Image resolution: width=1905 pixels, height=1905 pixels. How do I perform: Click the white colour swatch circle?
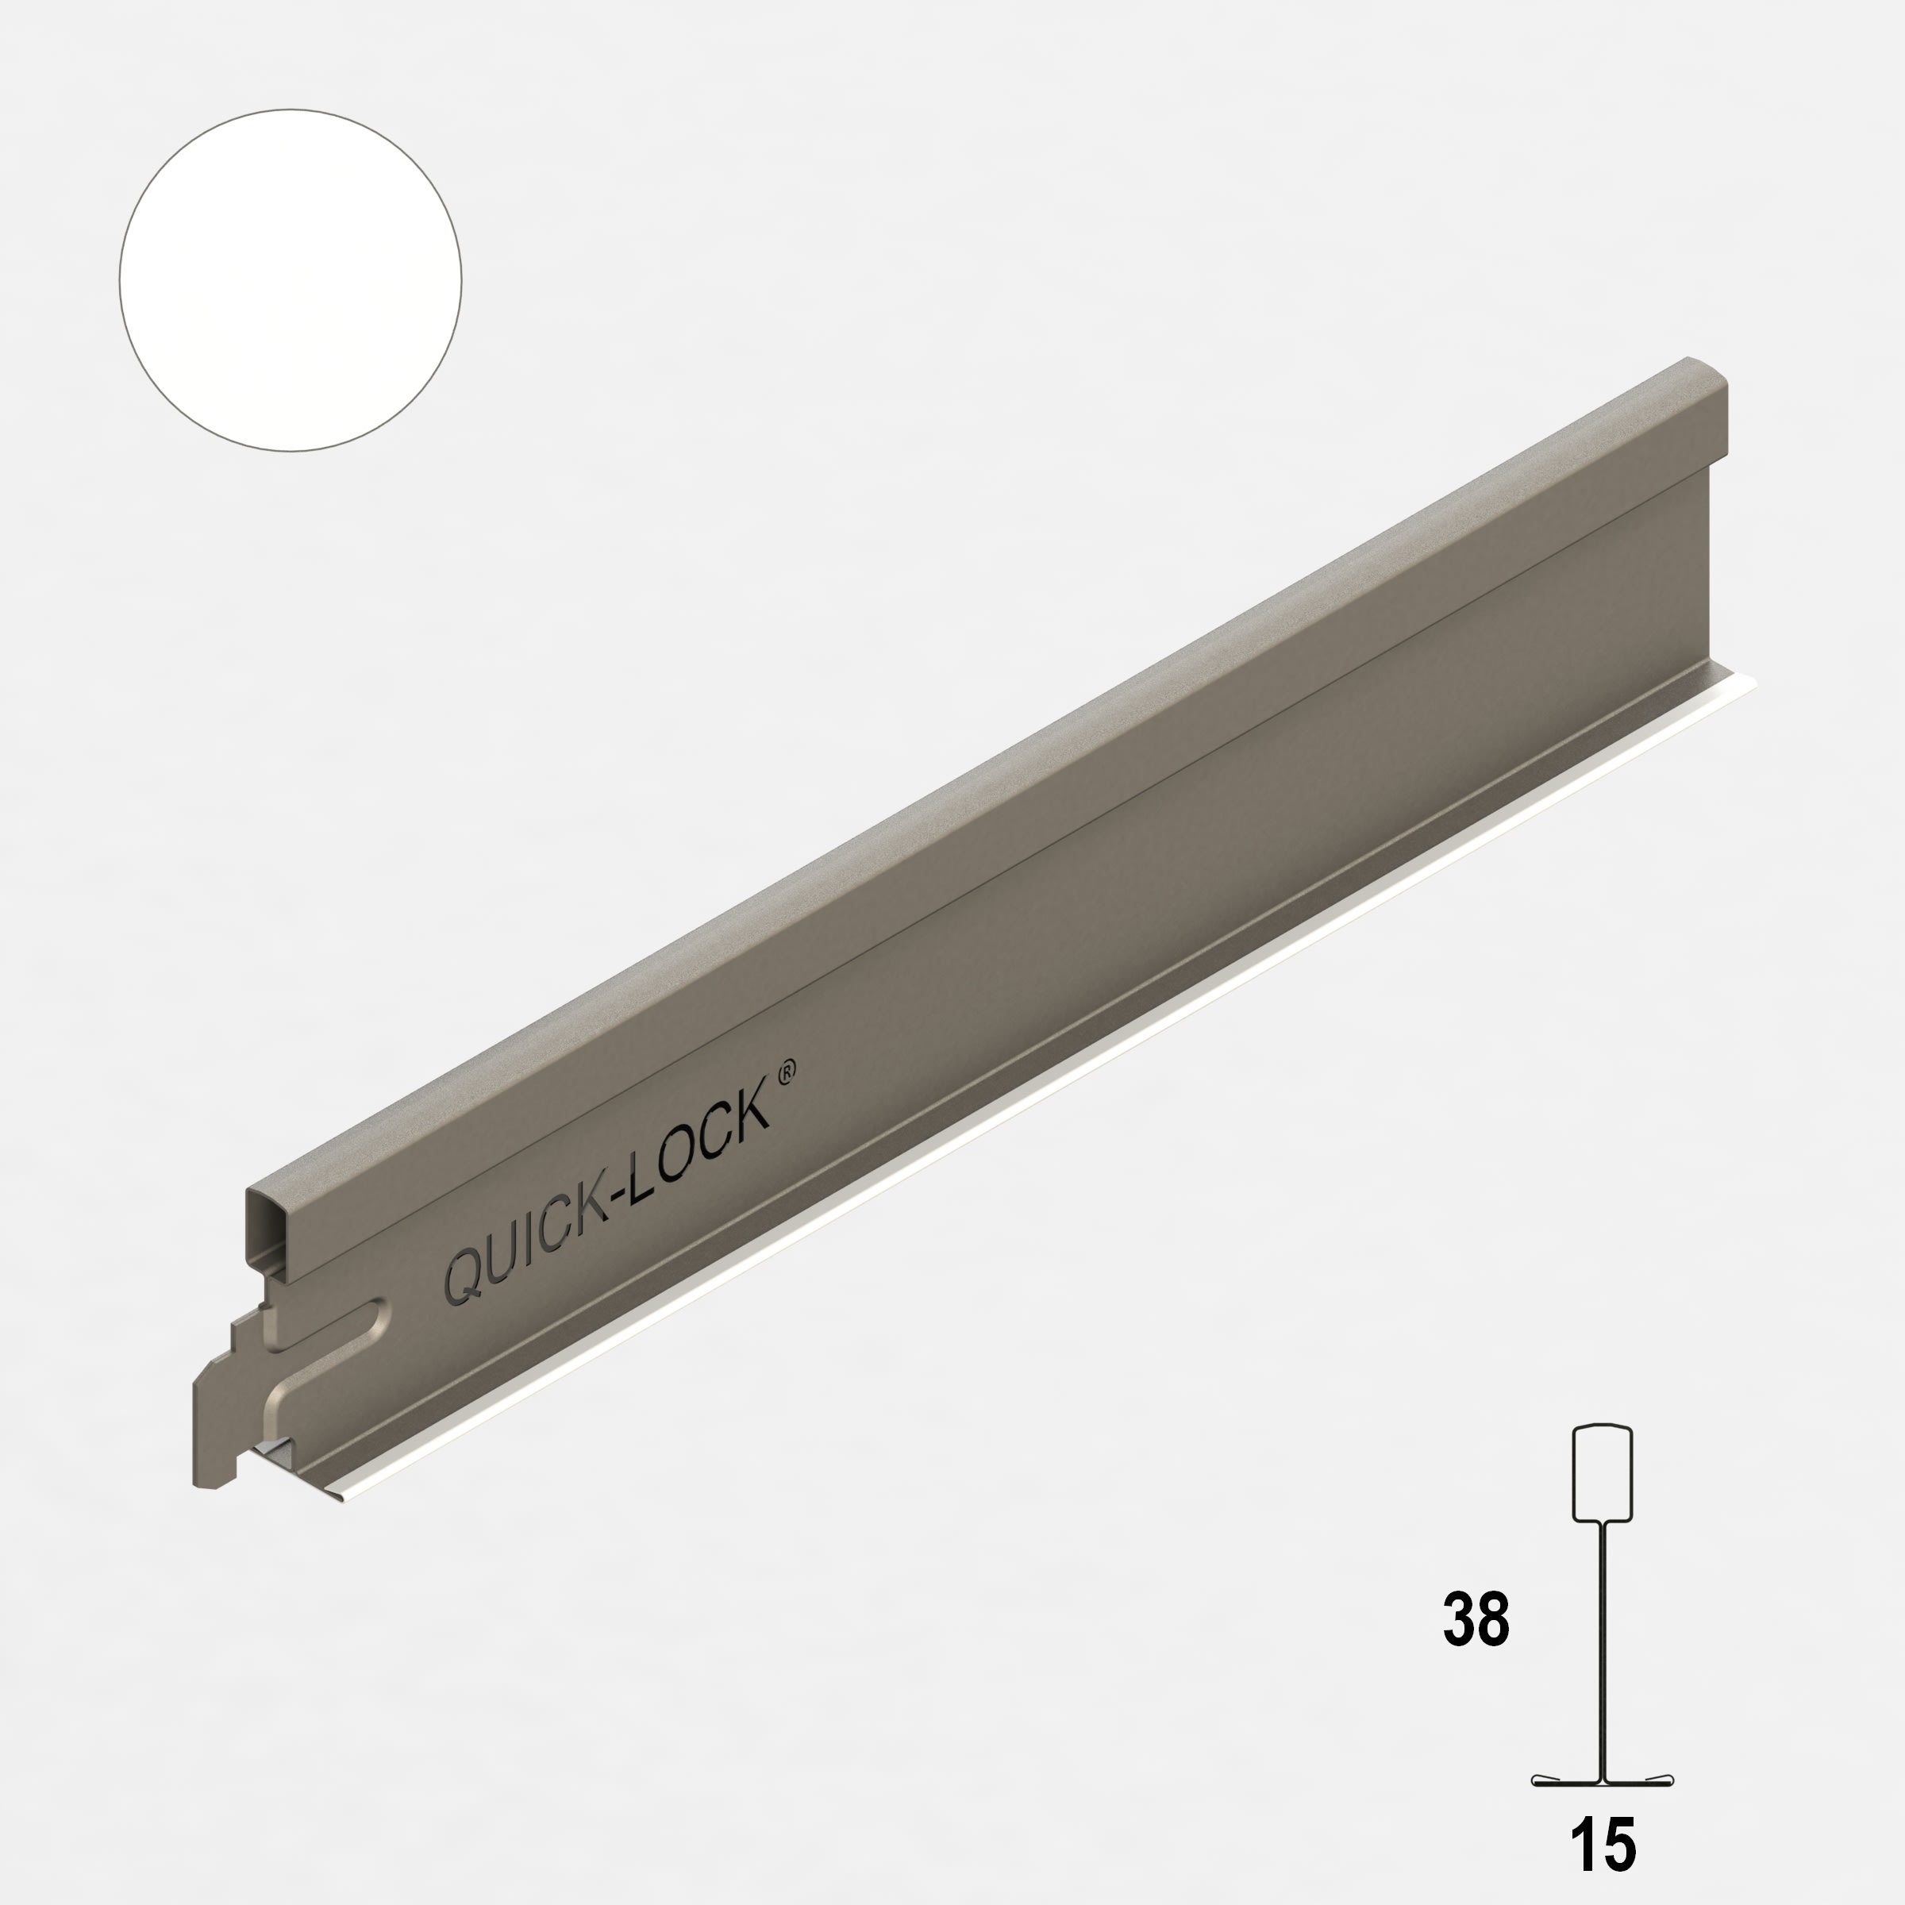290,280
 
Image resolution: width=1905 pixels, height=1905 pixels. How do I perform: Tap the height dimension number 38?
1475,1619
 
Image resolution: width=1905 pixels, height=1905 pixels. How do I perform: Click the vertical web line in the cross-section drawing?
1601,1647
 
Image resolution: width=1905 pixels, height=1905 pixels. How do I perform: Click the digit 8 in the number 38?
1493,1619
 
